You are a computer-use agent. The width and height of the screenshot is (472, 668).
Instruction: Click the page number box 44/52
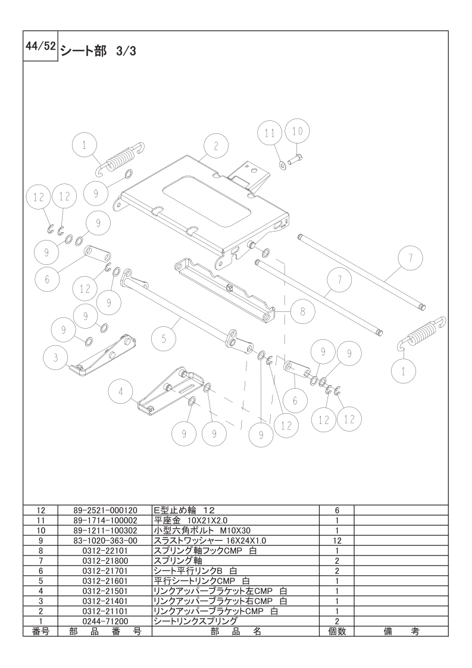(40, 46)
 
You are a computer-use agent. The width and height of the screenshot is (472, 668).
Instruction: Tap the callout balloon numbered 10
(298, 131)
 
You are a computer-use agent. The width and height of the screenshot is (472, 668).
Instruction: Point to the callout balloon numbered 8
(303, 311)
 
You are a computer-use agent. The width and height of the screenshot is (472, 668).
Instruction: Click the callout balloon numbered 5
(164, 340)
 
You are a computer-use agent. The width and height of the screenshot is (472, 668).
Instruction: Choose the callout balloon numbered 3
(56, 358)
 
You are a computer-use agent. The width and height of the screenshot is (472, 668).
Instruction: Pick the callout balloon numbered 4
(121, 392)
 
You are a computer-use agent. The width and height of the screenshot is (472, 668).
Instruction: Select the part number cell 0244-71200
(105, 622)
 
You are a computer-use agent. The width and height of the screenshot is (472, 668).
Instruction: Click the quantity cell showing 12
(337, 541)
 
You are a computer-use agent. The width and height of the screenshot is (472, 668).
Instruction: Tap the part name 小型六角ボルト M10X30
(202, 530)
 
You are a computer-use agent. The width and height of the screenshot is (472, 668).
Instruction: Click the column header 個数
(337, 631)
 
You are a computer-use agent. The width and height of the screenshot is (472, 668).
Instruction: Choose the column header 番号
(41, 631)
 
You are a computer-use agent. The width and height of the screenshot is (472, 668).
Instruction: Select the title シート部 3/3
(98, 51)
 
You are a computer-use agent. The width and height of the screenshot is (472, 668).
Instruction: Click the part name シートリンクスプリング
(195, 622)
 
